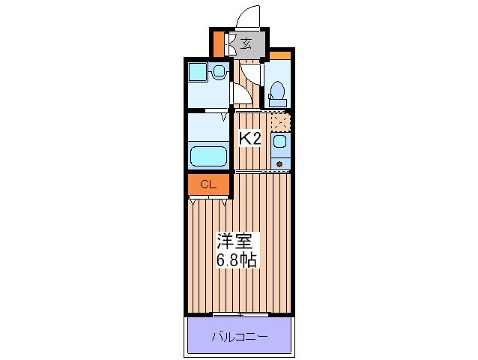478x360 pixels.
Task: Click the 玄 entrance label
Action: pos(246,43)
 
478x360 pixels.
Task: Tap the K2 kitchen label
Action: pos(249,138)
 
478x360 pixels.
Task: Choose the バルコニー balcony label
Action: pos(238,336)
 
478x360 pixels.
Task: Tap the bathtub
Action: pos(208,157)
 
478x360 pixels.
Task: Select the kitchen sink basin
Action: pos(279,141)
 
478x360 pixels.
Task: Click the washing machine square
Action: pos(198,73)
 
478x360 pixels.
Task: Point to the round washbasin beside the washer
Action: pos(217,72)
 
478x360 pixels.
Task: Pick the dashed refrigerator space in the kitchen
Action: pos(279,120)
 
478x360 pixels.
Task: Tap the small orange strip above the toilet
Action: pos(279,55)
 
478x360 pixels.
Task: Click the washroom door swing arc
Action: pos(241,94)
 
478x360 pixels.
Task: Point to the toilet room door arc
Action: pos(252,73)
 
